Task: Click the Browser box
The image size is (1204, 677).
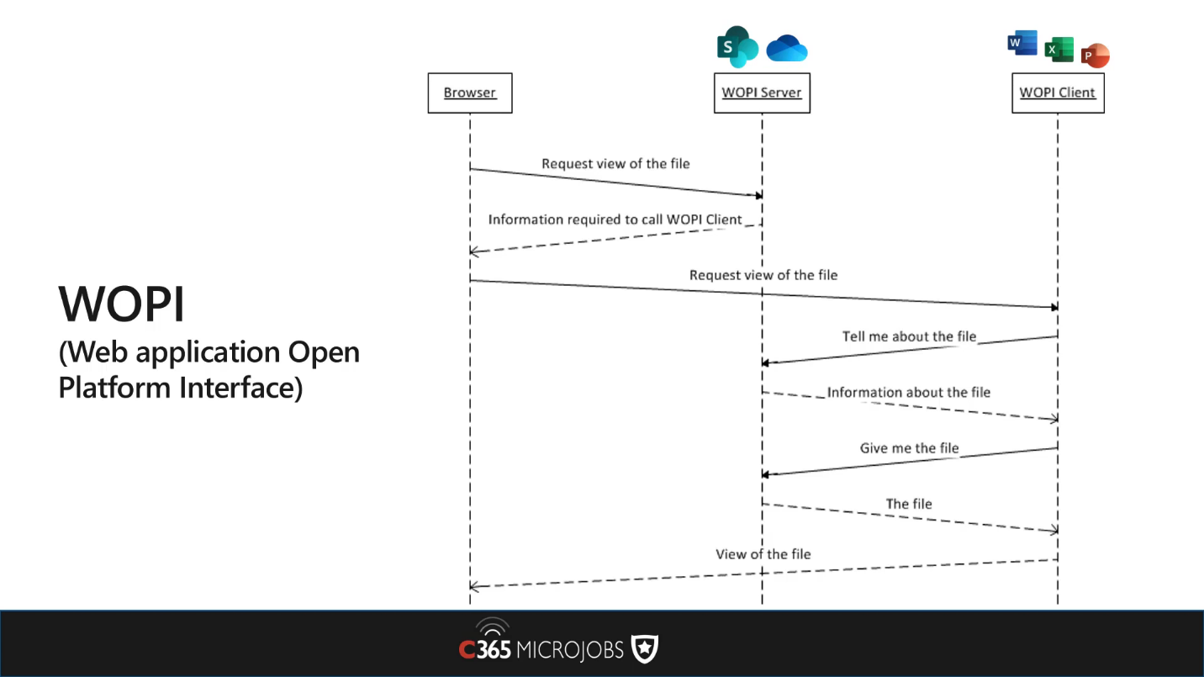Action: [470, 93]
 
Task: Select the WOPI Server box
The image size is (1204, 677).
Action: [762, 93]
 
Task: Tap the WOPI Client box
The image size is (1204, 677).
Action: [1058, 93]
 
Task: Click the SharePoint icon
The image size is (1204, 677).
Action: [737, 47]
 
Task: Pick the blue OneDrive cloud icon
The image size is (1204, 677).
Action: [787, 49]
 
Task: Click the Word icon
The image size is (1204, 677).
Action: [1022, 43]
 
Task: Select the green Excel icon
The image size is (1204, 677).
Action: [1059, 50]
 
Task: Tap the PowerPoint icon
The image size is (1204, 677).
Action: [1096, 56]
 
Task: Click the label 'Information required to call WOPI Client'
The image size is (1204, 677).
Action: [615, 219]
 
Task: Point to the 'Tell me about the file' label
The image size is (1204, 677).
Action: [909, 336]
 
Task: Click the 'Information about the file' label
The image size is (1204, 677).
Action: [908, 392]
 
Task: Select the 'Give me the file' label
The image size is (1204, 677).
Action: [909, 448]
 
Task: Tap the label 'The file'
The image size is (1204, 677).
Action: [909, 504]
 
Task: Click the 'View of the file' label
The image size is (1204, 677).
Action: [763, 554]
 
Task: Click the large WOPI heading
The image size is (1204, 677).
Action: [121, 304]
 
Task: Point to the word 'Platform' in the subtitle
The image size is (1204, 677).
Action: [114, 388]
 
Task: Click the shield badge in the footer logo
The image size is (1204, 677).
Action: [645, 648]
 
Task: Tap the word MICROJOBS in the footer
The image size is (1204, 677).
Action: [570, 650]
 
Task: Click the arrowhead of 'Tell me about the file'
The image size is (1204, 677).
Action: [765, 363]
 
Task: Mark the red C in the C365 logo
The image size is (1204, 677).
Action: [467, 649]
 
